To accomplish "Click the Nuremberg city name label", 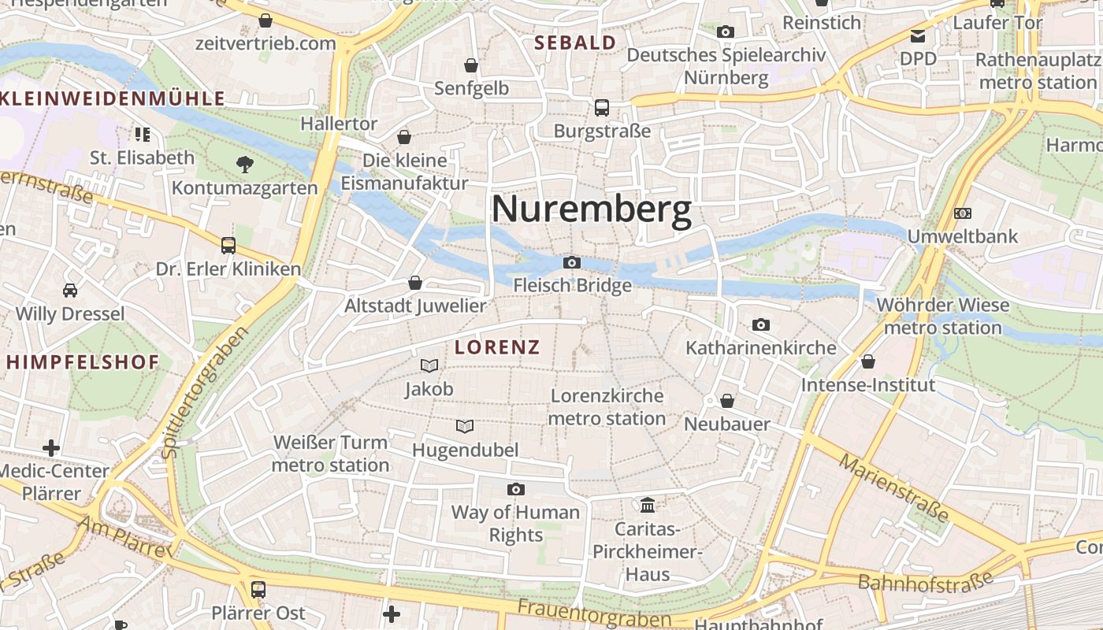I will click(x=592, y=210).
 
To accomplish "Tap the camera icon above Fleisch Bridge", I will click(x=572, y=262).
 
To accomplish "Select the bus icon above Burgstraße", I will click(x=602, y=107).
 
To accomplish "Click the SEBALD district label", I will click(x=575, y=43).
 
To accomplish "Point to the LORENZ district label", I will click(x=497, y=347).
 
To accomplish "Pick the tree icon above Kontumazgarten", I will click(x=245, y=164).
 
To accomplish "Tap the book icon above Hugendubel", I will click(x=465, y=426).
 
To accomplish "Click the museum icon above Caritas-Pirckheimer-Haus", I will click(x=648, y=504).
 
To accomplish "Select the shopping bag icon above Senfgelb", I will click(x=471, y=65).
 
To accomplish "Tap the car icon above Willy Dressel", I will click(x=70, y=290).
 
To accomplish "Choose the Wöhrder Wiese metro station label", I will click(x=942, y=316).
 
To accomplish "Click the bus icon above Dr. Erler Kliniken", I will click(x=228, y=245).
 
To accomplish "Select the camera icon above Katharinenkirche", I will click(x=760, y=324).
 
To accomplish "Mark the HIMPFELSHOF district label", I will click(x=83, y=362).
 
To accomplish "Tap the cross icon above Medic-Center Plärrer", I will click(x=51, y=448).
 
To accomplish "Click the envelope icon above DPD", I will click(x=918, y=35).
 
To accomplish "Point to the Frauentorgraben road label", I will click(x=594, y=613).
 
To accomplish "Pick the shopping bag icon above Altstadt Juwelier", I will click(x=415, y=282).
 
